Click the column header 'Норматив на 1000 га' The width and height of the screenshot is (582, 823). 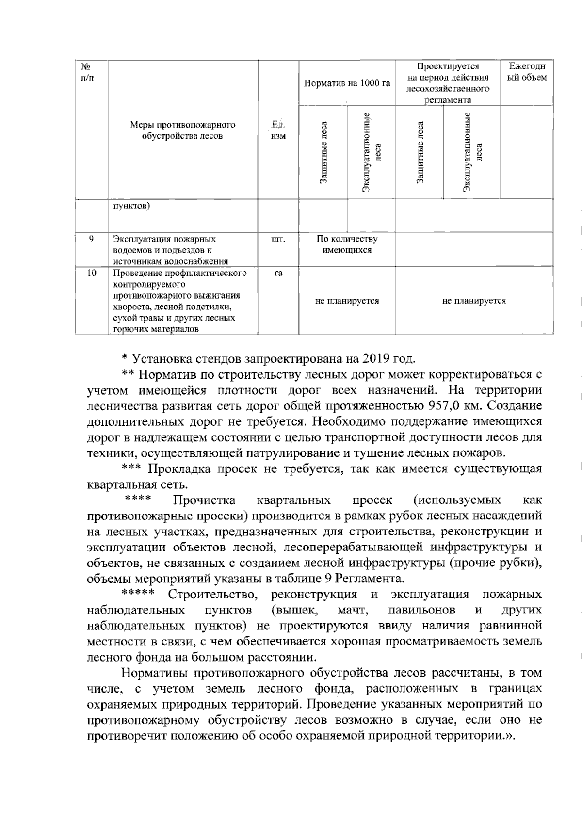coord(347,83)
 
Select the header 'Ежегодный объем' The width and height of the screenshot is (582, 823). coord(527,72)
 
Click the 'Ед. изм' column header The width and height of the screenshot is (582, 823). coord(278,130)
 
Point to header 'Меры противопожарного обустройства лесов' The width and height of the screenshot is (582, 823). coord(182,130)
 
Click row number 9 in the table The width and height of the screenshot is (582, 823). coord(91,239)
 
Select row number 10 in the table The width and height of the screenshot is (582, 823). coord(91,273)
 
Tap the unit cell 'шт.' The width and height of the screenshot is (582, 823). coord(278,239)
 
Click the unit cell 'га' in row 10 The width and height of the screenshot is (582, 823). coord(278,273)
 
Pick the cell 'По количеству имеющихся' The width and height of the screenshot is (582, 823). coord(347,244)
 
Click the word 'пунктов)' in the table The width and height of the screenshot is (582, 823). coord(131,206)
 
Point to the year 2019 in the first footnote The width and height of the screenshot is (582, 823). coord(375,359)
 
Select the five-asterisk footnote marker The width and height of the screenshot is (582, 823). coord(138,594)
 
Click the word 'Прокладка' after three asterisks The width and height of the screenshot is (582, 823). coord(178,469)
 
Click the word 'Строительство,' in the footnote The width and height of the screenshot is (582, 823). coord(212,594)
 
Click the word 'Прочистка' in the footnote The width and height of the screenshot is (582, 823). coord(204,500)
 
